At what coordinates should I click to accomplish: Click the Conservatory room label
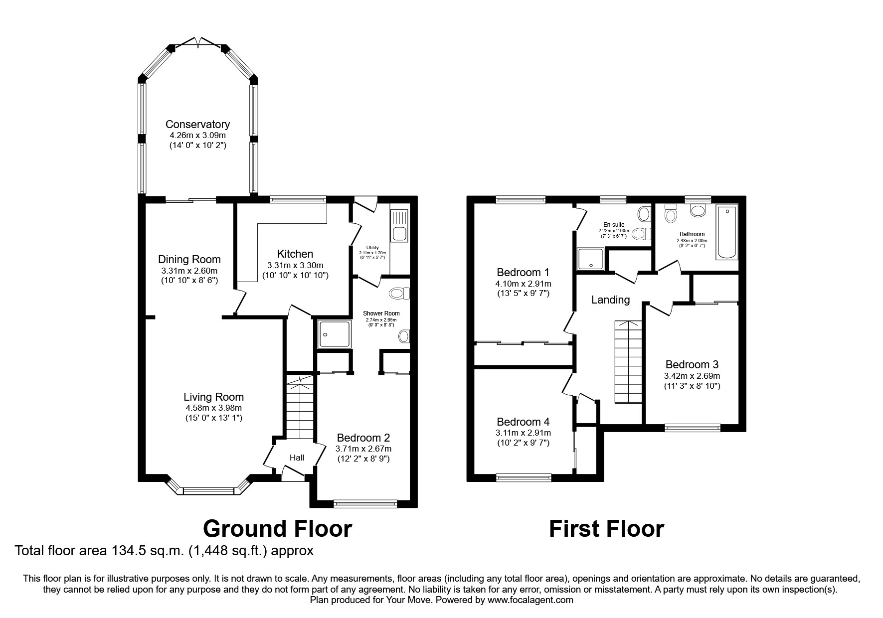197,125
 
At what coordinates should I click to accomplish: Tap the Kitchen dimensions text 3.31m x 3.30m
295,265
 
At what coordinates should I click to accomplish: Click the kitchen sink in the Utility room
399,226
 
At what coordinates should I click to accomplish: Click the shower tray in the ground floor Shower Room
335,333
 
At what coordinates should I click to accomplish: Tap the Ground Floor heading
278,529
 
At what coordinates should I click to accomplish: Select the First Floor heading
606,529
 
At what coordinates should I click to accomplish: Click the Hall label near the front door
297,458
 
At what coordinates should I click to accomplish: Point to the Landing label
610,300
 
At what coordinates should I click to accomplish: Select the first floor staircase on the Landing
628,362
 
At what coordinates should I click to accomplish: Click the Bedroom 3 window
693,427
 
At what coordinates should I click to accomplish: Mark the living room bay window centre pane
208,491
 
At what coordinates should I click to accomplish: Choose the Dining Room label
189,260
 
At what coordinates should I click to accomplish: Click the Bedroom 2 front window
365,504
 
